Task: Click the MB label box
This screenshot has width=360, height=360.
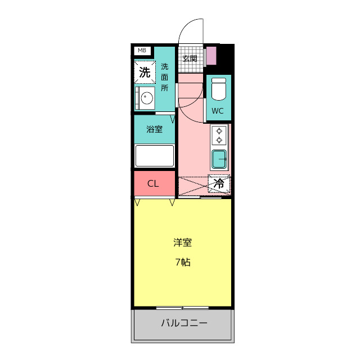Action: pos(142,51)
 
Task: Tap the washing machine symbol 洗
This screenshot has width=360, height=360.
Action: pos(145,72)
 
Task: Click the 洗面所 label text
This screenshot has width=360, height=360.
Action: pos(164,77)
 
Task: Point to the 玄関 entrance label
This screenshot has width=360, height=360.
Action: pos(190,58)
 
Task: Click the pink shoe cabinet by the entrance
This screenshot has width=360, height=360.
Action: pos(211,56)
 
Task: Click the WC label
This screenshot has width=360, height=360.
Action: pos(218,111)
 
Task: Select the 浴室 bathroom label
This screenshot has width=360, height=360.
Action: pos(154,129)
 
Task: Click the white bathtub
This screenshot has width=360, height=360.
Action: pos(154,156)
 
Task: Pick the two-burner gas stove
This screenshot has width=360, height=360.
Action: pos(219,135)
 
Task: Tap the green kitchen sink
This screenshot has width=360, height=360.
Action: pos(219,160)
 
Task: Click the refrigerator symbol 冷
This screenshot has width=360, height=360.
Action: pos(219,183)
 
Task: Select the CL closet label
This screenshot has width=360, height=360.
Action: pos(153,183)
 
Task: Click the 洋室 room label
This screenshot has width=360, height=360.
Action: pos(182,243)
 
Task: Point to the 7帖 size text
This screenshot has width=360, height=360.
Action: pos(182,262)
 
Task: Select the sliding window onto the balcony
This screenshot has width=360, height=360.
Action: pos(182,308)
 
